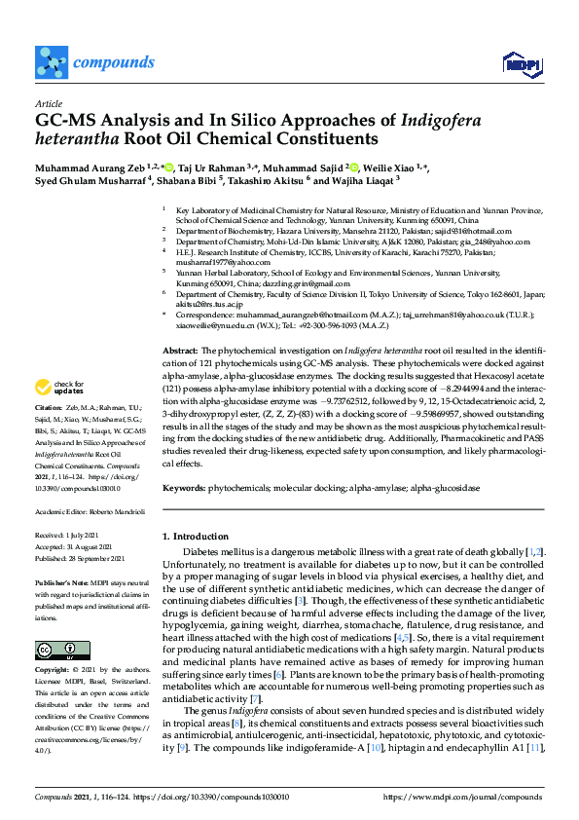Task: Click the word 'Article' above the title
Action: point(49,103)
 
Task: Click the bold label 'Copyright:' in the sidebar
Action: point(54,672)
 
